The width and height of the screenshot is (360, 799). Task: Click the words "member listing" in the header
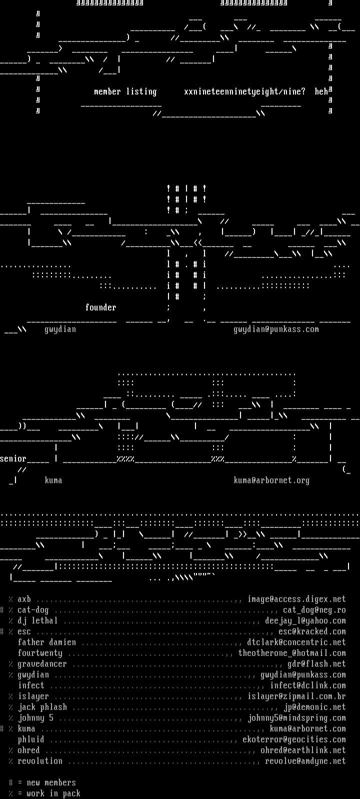point(125,91)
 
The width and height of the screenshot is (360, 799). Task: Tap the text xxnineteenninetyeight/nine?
point(244,91)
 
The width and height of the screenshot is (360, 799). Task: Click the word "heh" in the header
point(321,91)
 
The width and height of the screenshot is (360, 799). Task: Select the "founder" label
point(100,307)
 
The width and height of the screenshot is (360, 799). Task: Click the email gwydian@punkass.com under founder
point(276,329)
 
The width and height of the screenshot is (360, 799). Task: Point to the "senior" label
point(13,458)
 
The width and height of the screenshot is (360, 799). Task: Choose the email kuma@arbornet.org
point(271,480)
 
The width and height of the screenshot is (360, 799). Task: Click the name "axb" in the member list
point(24,599)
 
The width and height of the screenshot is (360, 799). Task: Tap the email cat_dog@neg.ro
point(314,610)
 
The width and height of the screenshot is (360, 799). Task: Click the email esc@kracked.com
point(312,631)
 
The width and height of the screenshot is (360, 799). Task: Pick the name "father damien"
point(46,642)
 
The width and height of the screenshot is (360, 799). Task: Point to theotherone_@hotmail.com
point(291,653)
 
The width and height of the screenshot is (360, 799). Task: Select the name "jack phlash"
point(42,707)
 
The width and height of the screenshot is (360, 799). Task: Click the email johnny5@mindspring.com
point(296,718)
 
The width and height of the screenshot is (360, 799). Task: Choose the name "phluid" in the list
point(31,739)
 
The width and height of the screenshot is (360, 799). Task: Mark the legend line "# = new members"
point(42,782)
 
